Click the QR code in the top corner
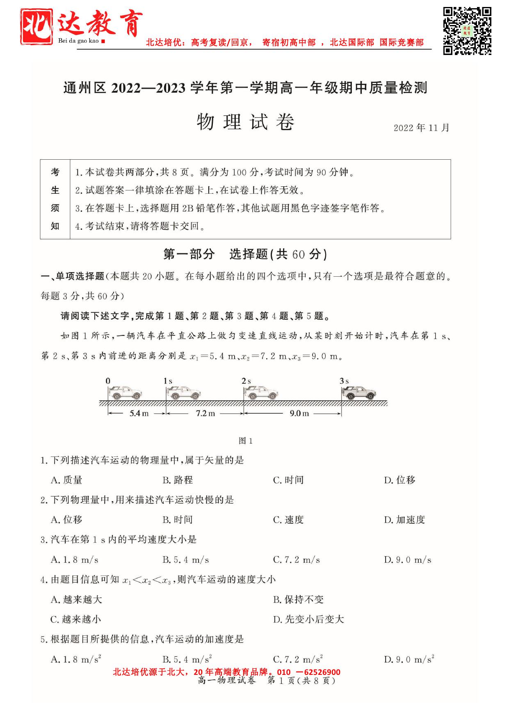(467, 31)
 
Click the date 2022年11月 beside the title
(421, 128)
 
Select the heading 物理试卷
(245, 122)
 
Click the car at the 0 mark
(125, 393)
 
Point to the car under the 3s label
(359, 393)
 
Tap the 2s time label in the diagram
(246, 381)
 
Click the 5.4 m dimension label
(139, 413)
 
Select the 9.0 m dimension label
(299, 413)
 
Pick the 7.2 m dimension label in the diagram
(205, 413)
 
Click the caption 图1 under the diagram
(246, 441)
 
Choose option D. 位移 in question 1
(399, 480)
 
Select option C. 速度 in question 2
(288, 520)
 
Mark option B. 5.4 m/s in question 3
(185, 559)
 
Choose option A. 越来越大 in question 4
(76, 599)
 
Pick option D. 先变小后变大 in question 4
(308, 619)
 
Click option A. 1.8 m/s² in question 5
(76, 659)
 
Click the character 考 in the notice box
(55, 172)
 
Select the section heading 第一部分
(189, 255)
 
